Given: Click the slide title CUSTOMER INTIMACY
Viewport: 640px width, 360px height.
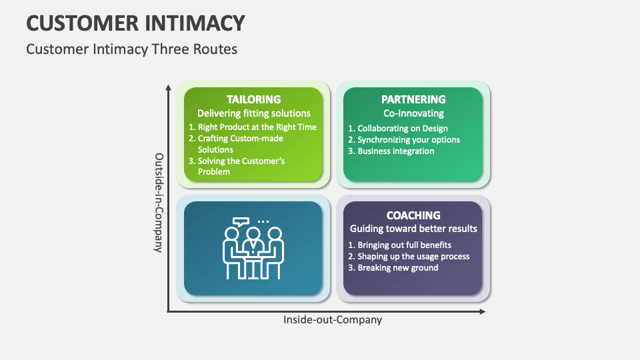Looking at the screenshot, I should tap(135, 23).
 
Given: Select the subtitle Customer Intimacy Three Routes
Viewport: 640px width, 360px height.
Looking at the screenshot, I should tap(131, 49).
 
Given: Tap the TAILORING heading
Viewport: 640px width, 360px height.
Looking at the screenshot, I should tap(253, 99).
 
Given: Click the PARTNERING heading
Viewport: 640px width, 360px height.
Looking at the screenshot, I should tap(413, 99).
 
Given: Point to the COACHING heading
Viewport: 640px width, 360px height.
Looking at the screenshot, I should tap(413, 215).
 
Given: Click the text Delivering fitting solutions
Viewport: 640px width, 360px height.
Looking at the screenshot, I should tap(254, 113).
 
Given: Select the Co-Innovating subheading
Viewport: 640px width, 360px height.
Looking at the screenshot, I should tap(413, 113).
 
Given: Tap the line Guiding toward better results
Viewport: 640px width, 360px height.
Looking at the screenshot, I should tap(413, 229).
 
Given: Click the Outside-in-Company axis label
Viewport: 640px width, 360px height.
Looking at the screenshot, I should tap(159, 203).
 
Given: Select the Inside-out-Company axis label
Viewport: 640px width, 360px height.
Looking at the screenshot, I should tap(333, 320).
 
